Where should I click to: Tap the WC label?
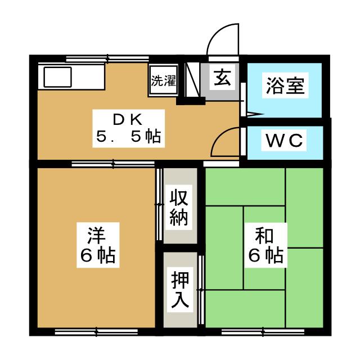pos(285,141)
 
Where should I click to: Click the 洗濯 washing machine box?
pos(163,80)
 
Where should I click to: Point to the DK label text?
pos(129,119)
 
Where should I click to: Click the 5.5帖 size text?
pos(129,137)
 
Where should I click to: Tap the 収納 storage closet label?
pos(179,206)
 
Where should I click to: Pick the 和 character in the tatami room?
pos(265,232)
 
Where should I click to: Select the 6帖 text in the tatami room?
pos(265,256)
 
